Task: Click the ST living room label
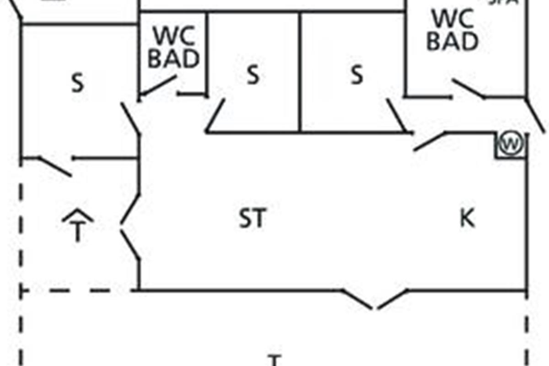click(x=252, y=218)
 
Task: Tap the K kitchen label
click(x=467, y=219)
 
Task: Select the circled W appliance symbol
click(x=511, y=145)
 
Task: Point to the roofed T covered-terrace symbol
click(x=78, y=225)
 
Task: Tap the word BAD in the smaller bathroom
click(x=173, y=59)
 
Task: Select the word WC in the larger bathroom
click(x=452, y=20)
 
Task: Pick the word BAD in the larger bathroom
click(x=452, y=41)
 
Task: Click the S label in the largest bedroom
click(x=78, y=84)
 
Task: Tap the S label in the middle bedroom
click(x=253, y=75)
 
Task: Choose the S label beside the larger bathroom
click(x=357, y=75)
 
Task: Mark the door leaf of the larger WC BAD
click(x=468, y=89)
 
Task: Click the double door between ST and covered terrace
click(x=130, y=226)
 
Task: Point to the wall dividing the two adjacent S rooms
click(x=300, y=73)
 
